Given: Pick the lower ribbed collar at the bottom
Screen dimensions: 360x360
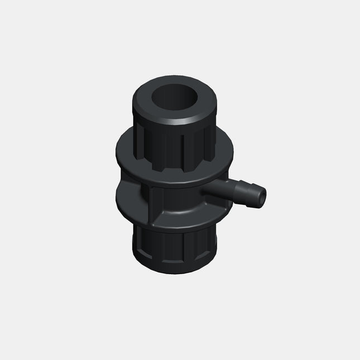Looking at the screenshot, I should (x=173, y=254).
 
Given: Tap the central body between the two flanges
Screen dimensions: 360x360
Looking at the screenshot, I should (x=173, y=201).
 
